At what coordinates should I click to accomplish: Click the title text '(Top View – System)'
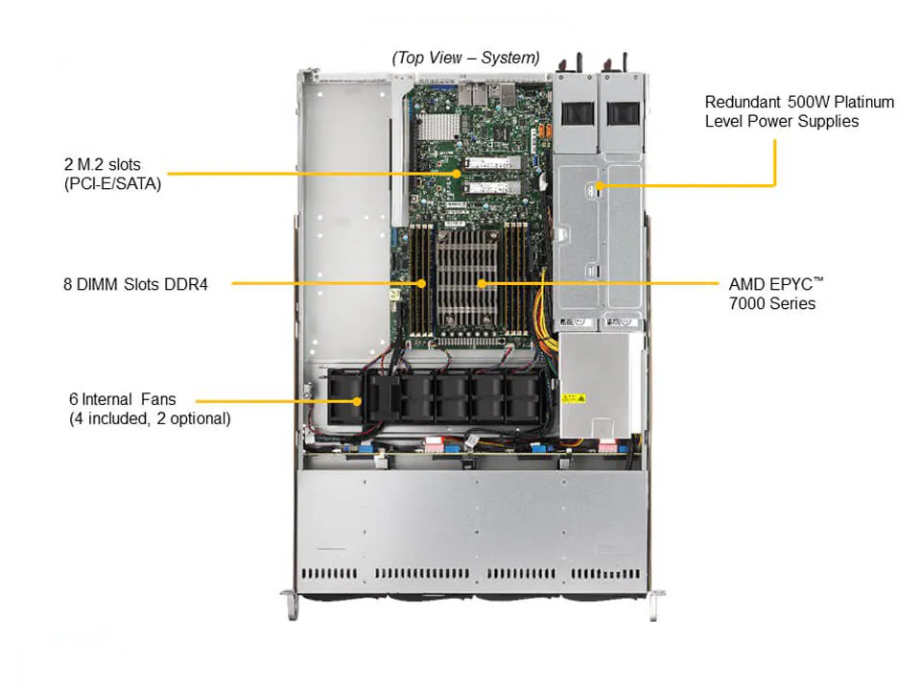click(465, 58)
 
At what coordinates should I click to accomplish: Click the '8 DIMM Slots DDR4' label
click(135, 284)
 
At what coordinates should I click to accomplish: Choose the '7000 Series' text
click(772, 303)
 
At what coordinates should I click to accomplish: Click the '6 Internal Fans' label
click(123, 399)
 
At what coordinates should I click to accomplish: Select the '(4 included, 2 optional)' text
click(150, 418)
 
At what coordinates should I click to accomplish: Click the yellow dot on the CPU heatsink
click(482, 284)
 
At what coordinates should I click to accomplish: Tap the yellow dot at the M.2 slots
click(457, 174)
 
